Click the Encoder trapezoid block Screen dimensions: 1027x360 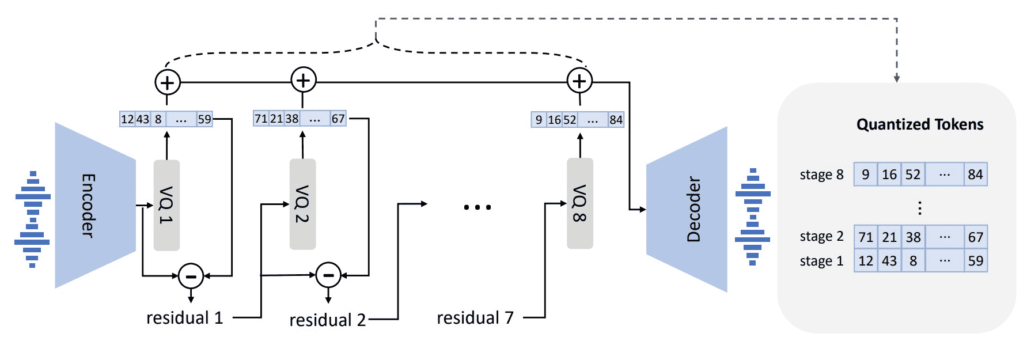coord(95,205)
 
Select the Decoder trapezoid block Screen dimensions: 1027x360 coord(687,209)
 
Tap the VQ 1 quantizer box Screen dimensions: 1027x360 coord(166,205)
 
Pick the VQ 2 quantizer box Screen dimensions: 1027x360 coord(302,204)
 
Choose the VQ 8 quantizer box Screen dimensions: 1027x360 coord(579,203)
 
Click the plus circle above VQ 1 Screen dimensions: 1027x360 coord(168,83)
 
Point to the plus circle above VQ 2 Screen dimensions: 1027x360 coord(304,80)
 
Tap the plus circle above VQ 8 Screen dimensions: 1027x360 coord(579,81)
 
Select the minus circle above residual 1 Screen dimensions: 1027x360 coord(191,276)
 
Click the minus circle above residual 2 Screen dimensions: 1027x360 coord(328,275)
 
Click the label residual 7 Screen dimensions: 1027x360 coord(475,317)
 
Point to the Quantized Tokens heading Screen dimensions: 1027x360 coord(920,124)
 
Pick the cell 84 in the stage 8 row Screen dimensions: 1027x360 coord(976,175)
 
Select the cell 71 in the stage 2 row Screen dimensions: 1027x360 coord(866,237)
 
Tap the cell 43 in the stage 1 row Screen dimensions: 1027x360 coord(889,260)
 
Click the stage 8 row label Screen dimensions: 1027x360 coord(821,175)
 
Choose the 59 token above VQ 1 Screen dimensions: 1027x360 coord(204,119)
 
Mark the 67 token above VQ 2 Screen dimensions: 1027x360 coord(338,119)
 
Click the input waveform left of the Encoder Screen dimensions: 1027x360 coord(32,219)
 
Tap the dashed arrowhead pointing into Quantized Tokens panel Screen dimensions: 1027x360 coord(897,78)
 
